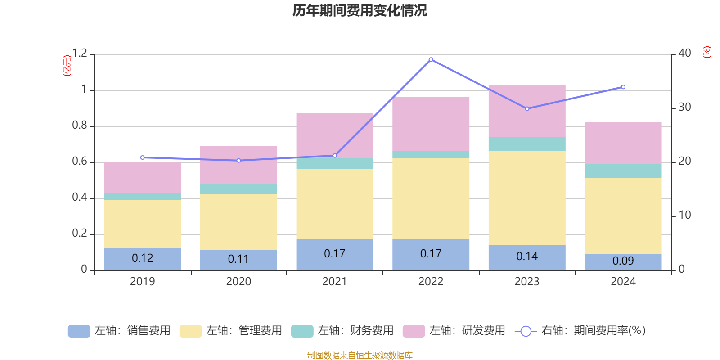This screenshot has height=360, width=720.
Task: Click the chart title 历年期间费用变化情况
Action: (360, 10)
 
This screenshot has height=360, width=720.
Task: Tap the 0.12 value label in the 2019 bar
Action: (142, 258)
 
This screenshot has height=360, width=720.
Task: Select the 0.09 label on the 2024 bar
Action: (623, 261)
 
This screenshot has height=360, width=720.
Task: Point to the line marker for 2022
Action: (431, 59)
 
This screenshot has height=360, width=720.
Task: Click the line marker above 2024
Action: (623, 87)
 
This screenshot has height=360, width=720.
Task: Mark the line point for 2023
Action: (527, 108)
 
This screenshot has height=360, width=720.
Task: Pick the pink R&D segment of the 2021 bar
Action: (334, 135)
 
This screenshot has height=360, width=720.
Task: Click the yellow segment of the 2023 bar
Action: (527, 198)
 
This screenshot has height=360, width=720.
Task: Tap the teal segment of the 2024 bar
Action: (623, 171)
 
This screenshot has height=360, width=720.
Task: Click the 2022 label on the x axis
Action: (431, 282)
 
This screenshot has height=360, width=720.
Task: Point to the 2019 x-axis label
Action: (142, 282)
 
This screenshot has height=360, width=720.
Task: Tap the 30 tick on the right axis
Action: (684, 108)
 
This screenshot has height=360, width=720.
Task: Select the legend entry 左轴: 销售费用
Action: (119, 331)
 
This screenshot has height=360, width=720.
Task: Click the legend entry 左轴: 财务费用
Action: (342, 331)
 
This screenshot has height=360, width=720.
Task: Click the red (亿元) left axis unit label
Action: (67, 66)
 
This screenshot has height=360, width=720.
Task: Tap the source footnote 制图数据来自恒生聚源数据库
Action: (360, 355)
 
